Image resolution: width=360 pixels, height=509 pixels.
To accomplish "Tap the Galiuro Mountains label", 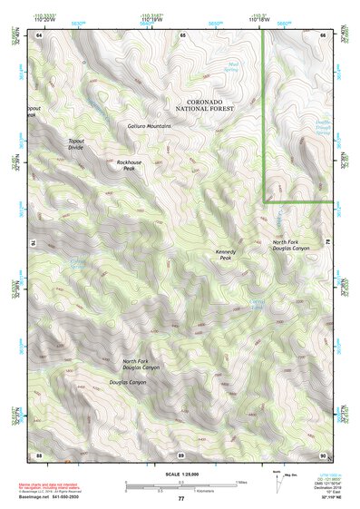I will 150,125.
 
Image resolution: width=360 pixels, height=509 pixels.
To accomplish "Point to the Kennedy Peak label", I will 226,255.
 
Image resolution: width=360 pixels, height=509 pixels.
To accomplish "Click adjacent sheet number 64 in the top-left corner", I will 40,34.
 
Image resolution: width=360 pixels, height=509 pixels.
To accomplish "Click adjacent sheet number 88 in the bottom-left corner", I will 40,453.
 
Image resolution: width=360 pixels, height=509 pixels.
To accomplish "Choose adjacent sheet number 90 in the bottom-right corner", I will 322,453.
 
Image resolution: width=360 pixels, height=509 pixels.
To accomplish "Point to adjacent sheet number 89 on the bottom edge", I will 181,453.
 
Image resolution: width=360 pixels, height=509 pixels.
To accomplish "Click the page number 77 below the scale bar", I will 180,499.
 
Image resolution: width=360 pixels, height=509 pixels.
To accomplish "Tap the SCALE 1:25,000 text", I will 180,475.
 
